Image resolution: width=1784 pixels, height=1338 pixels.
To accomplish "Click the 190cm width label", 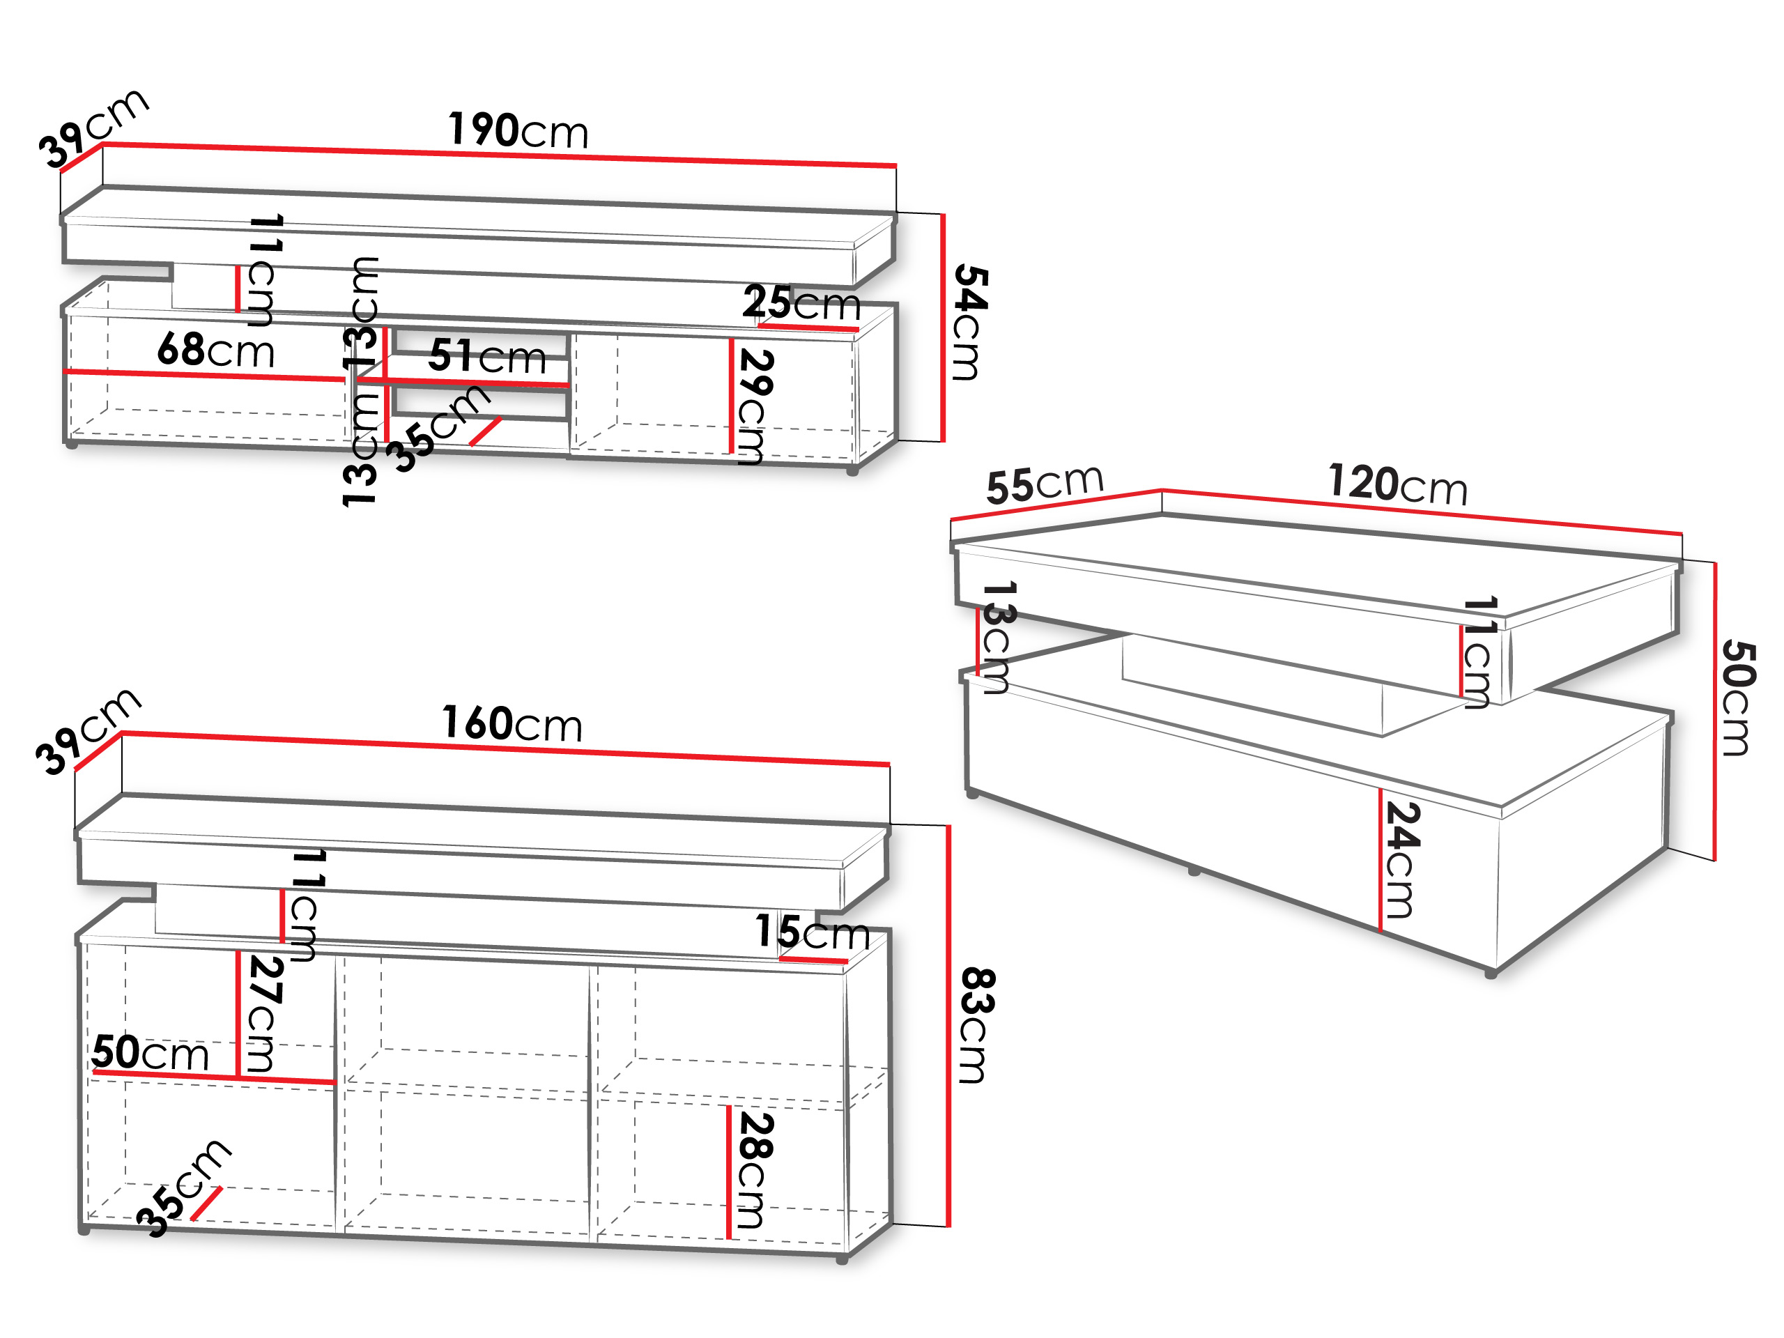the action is [x=518, y=130].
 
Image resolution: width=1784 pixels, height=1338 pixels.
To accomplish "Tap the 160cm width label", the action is [x=512, y=723].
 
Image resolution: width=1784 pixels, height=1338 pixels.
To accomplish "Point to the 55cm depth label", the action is [x=1045, y=484].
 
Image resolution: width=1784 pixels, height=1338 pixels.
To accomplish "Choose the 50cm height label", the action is [x=1738, y=698].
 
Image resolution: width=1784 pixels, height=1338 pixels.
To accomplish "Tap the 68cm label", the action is [x=216, y=350].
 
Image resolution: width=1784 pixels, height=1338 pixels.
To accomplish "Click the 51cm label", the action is [x=487, y=355].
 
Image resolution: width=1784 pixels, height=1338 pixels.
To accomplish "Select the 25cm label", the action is [x=801, y=303].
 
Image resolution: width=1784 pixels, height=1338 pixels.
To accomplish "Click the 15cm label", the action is [x=812, y=932].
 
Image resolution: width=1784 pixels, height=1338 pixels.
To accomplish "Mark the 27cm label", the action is [x=263, y=1014].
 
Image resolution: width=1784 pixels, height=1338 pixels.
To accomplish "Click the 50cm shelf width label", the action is [x=150, y=1052].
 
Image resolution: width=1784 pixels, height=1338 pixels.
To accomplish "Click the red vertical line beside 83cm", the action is [x=948, y=1026].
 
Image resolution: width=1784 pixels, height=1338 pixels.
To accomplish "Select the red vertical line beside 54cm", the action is [x=942, y=328].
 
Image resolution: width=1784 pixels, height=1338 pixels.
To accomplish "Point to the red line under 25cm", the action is [x=808, y=328].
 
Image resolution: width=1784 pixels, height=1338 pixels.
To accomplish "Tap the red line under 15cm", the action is [x=813, y=960].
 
